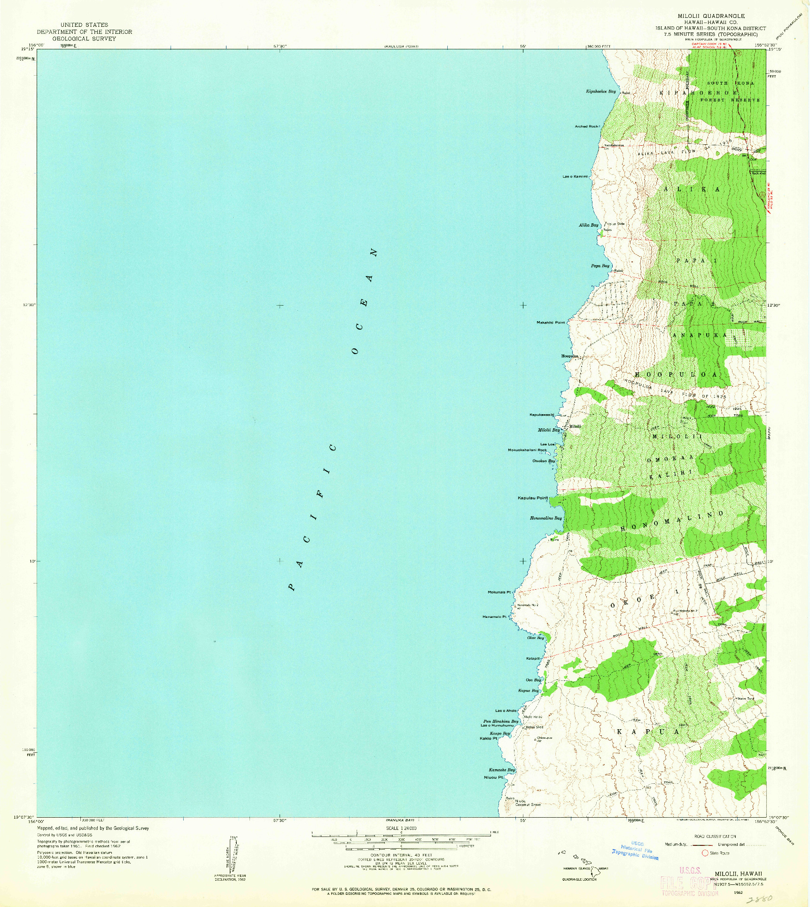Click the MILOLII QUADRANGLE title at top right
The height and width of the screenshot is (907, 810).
(x=711, y=16)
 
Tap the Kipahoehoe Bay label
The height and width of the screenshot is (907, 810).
(x=600, y=91)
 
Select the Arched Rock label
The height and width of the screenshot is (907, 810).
(x=587, y=126)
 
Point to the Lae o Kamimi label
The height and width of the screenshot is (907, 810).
(x=575, y=177)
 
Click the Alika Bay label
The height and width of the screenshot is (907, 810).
(x=589, y=225)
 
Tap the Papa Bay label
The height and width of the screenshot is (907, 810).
(x=600, y=266)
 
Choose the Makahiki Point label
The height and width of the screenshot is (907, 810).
(x=551, y=323)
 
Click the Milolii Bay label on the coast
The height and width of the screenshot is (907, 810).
(x=549, y=430)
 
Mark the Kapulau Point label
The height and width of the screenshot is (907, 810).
(x=533, y=498)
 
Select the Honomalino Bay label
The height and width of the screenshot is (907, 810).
(x=545, y=518)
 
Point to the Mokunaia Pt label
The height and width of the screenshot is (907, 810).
(x=499, y=592)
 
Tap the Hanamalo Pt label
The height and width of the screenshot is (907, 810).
(x=495, y=617)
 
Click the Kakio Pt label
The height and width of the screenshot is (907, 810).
(x=488, y=739)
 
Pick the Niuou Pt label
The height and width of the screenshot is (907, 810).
(x=493, y=777)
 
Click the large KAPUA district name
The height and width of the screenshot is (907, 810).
(x=648, y=732)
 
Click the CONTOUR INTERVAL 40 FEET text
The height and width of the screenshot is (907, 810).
(x=401, y=855)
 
